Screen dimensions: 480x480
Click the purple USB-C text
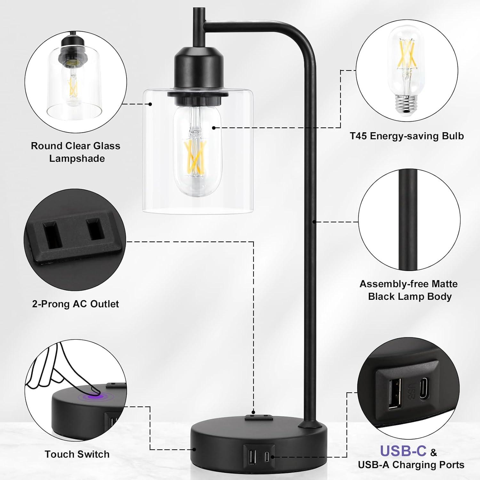pyautogui.click(x=403, y=451)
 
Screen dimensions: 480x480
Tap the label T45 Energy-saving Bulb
pyautogui.click(x=407, y=136)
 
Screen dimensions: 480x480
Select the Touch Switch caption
pyautogui.click(x=77, y=454)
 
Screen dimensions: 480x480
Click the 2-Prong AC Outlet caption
pyautogui.click(x=76, y=304)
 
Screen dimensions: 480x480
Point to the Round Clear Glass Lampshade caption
pyautogui.click(x=76, y=152)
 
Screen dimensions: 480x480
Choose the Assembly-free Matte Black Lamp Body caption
pyautogui.click(x=409, y=290)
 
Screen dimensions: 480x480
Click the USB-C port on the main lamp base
pyautogui.click(x=267, y=456)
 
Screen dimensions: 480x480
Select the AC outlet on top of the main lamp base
pyautogui.click(x=258, y=417)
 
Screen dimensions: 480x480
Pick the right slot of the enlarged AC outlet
pyautogui.click(x=95, y=229)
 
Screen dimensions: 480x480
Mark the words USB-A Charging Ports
pyautogui.click(x=411, y=465)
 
